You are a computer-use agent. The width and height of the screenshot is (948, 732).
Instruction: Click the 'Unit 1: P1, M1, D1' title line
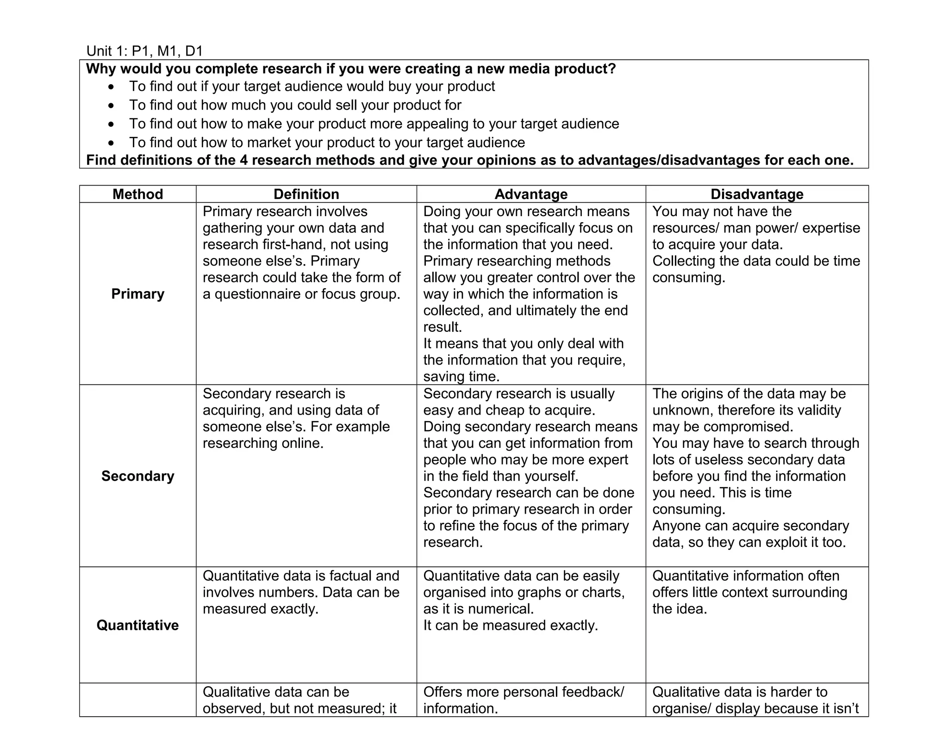pyautogui.click(x=144, y=51)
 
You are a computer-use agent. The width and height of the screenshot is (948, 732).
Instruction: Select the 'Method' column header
pyautogui.click(x=137, y=194)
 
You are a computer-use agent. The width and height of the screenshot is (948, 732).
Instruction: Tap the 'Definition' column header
pyautogui.click(x=306, y=194)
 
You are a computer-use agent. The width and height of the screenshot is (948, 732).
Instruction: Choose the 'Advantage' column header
pyautogui.click(x=531, y=194)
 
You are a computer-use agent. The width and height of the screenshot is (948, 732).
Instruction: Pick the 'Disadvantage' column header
pyautogui.click(x=757, y=194)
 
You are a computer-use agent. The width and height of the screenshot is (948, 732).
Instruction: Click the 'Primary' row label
pyautogui.click(x=137, y=294)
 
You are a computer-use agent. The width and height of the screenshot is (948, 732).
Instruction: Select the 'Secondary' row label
pyautogui.click(x=137, y=476)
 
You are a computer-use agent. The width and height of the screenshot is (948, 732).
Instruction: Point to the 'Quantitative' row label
pyautogui.click(x=137, y=625)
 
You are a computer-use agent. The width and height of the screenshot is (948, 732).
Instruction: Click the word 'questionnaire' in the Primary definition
pyautogui.click(x=256, y=294)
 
